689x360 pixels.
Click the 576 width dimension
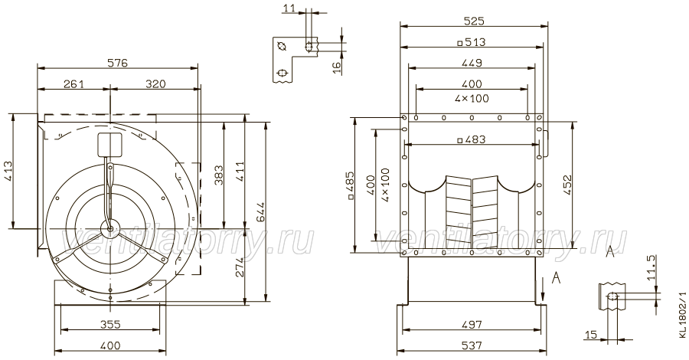[x=118, y=63]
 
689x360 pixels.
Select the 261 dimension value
[x=73, y=83]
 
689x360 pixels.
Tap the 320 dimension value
[x=155, y=83]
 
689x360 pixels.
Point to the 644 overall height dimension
[x=262, y=212]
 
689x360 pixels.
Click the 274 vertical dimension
[x=240, y=267]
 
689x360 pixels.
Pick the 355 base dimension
[x=110, y=325]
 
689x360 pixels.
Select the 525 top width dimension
[x=474, y=21]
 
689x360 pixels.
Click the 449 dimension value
[x=472, y=62]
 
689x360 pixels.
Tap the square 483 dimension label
[x=472, y=139]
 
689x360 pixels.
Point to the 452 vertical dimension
[x=567, y=185]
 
